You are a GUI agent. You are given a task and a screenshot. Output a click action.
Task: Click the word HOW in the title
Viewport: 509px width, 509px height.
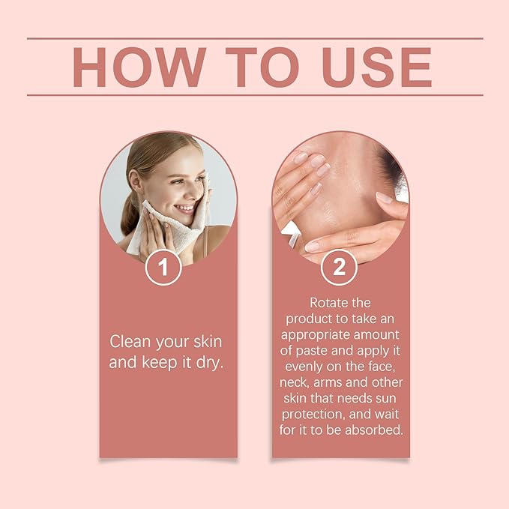tap(139, 67)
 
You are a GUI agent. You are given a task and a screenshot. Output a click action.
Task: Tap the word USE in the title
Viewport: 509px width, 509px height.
tap(377, 67)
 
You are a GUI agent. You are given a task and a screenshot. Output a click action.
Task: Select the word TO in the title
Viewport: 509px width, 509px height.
tap(262, 67)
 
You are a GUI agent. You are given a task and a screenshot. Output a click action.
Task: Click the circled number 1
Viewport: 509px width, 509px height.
tap(163, 267)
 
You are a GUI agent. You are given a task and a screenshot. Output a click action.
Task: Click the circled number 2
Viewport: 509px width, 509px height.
tap(339, 267)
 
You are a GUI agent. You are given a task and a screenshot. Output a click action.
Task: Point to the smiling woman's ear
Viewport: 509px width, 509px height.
tap(135, 180)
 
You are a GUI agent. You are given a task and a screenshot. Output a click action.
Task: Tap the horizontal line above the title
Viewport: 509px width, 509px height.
tap(255, 38)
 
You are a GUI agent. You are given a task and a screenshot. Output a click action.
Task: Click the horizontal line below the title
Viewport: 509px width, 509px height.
tap(255, 95)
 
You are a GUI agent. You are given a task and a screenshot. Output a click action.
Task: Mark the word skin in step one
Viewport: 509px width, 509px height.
tap(208, 342)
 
